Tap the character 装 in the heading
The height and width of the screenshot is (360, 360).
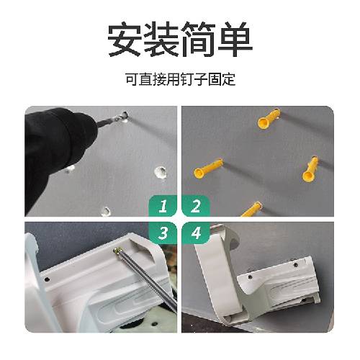161,39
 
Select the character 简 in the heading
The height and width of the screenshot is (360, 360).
198,39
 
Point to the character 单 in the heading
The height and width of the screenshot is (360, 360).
235,39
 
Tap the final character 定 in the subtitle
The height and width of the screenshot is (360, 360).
228,79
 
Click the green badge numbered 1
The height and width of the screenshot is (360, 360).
163,206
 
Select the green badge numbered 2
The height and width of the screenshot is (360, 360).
196,206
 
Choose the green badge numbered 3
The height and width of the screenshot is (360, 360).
163,233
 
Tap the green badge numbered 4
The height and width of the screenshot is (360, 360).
196,233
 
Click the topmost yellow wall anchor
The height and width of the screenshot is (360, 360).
269,119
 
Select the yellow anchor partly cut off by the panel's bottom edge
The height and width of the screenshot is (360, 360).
251,210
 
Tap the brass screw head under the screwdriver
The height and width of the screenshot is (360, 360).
117,251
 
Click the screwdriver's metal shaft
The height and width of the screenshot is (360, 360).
147,279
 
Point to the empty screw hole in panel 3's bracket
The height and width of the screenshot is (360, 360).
48,279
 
